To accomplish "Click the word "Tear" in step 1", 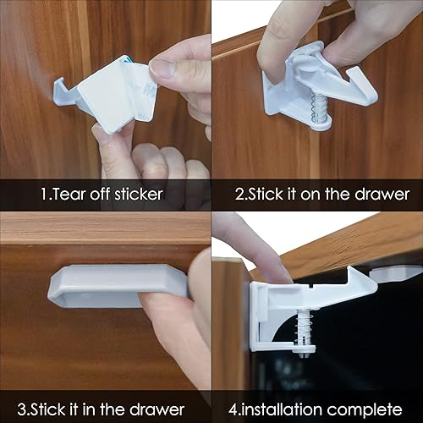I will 71,194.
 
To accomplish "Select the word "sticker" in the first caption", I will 135,194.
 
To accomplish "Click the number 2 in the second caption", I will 239,194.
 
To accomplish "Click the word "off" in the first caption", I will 102,194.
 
